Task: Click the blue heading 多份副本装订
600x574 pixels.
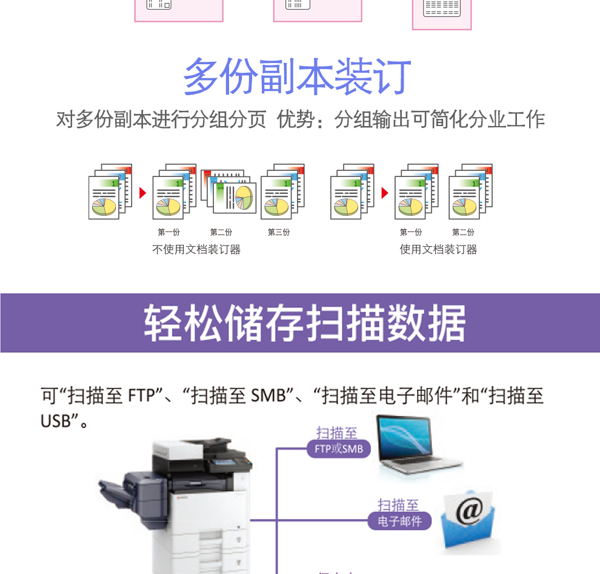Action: click(x=297, y=77)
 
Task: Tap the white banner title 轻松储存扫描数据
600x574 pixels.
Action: click(x=304, y=324)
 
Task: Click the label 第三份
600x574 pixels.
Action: click(x=279, y=232)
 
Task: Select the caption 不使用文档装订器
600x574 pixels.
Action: click(x=196, y=249)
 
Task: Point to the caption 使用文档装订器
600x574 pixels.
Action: click(x=438, y=249)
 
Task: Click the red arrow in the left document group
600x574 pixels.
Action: click(x=143, y=193)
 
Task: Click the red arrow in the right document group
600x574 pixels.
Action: click(x=384, y=193)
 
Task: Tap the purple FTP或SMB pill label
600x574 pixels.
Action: click(x=338, y=449)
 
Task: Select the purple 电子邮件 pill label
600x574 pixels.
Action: click(x=399, y=521)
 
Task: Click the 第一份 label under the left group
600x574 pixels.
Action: click(x=169, y=232)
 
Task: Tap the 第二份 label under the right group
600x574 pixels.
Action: click(x=463, y=232)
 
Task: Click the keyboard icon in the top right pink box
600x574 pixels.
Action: click(x=442, y=8)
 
